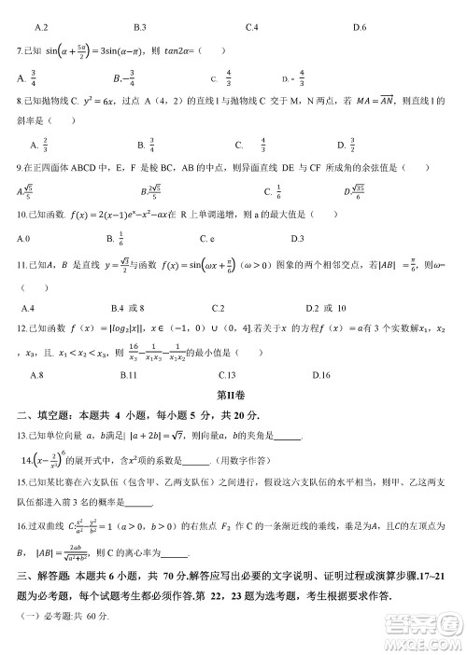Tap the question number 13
coord(22,435)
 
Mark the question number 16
coord(22,527)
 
